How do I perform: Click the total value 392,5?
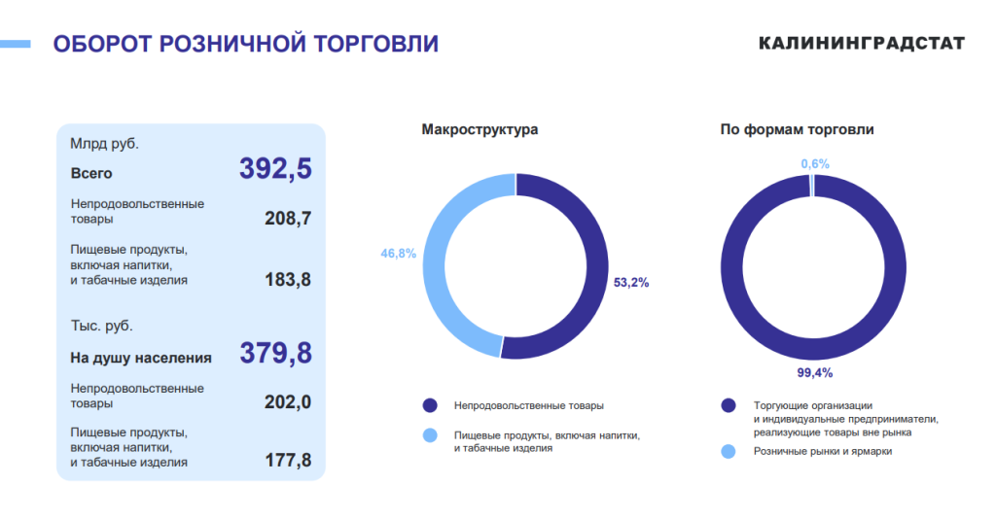coord(275,169)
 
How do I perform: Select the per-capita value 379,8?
coord(275,353)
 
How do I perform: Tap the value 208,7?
coord(288,219)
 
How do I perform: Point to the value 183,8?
coord(288,280)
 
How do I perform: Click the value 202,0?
coord(288,402)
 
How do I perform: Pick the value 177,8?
coord(288,462)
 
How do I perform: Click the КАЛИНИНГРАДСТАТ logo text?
coord(862,44)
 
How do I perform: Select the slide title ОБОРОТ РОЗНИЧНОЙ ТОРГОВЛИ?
coord(245,44)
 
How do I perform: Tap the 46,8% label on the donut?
coord(398,254)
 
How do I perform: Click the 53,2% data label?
coord(631,283)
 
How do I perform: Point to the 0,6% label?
coord(815,164)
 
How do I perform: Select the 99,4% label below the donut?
coord(814,373)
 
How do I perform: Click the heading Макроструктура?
coord(480,129)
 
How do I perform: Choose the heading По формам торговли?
coord(797,129)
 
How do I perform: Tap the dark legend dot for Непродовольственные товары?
coord(429,405)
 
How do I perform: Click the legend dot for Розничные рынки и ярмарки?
coord(728,451)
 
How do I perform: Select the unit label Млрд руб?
coord(104,144)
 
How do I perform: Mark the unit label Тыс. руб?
coord(101,327)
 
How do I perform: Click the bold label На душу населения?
coord(141,358)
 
